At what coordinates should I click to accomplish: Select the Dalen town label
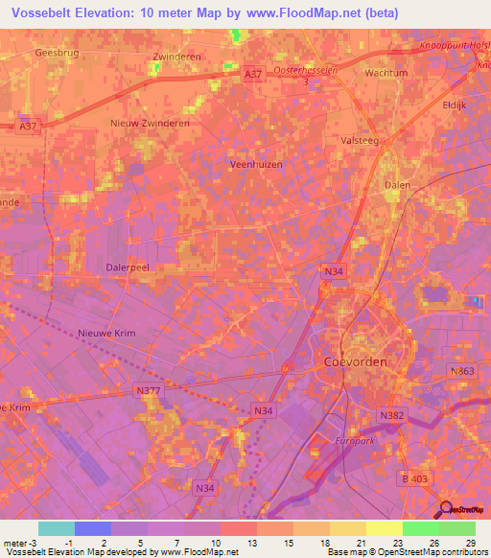[x=396, y=185]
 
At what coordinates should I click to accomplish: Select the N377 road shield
[x=147, y=390]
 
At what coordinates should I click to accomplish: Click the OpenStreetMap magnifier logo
[x=446, y=510]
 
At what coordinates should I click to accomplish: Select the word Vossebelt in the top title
[x=45, y=12]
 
